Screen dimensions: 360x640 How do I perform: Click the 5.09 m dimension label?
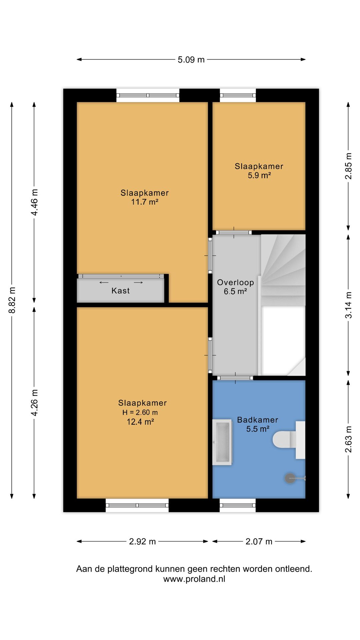point(191,60)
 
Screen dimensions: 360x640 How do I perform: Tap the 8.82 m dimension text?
point(12,300)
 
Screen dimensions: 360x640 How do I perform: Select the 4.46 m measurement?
point(34,202)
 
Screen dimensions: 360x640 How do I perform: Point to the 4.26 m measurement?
point(34,402)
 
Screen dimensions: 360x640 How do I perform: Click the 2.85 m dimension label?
point(348,166)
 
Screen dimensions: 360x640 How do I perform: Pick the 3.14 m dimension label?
point(348,305)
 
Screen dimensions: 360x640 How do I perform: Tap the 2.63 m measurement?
point(348,439)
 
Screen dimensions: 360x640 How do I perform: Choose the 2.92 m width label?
point(142,542)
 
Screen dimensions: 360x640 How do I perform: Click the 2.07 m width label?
point(259,542)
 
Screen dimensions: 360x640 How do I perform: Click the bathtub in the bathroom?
point(222,442)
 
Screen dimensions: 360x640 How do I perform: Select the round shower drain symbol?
point(290,478)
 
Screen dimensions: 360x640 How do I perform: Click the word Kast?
point(121,291)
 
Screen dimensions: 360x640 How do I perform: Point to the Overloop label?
point(236,282)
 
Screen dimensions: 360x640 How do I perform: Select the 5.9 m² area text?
point(259,175)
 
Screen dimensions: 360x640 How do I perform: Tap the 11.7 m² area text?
point(145,202)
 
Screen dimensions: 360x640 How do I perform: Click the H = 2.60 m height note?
point(140,412)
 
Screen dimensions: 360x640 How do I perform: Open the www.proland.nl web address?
point(194,579)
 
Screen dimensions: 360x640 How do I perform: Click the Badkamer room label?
point(258,420)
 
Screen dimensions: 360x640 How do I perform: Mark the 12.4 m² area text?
point(140,422)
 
